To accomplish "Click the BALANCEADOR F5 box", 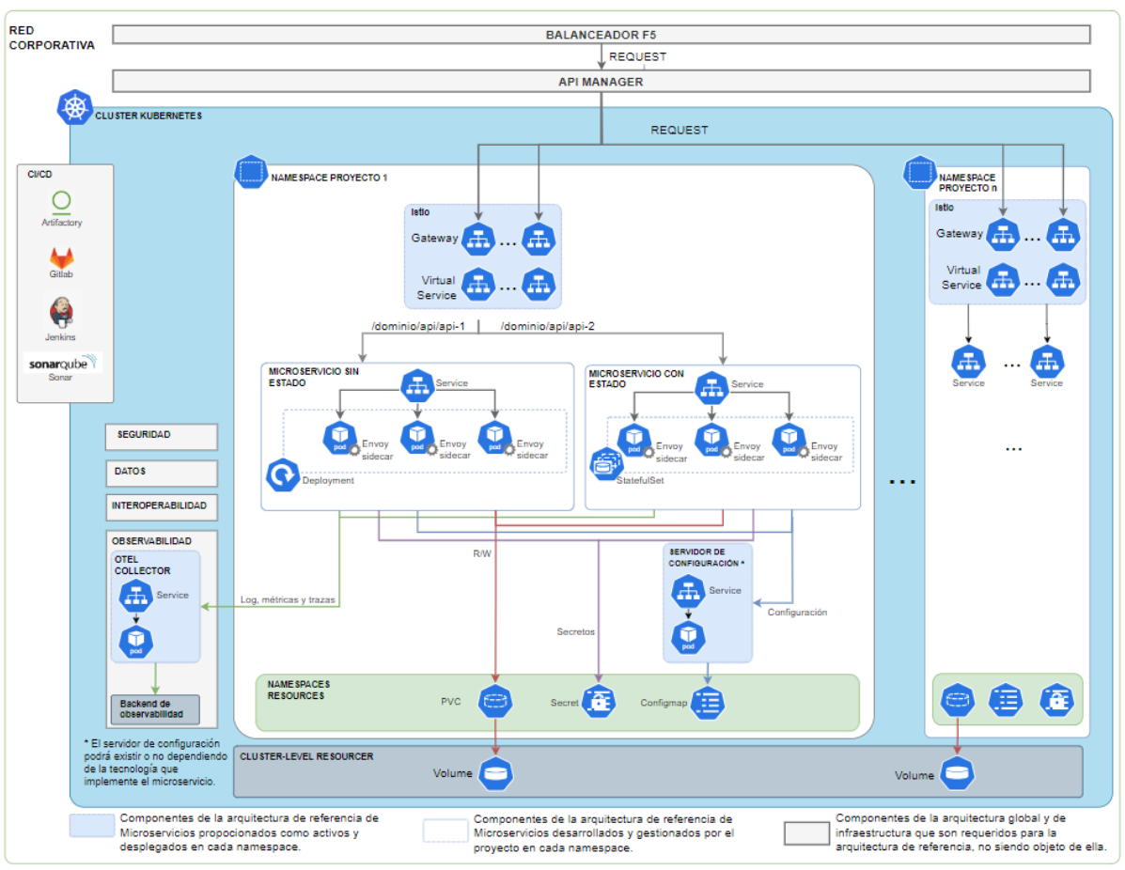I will pos(602,35).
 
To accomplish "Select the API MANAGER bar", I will pos(602,81).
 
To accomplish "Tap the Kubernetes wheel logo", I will pos(74,107).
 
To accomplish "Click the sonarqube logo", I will pos(62,362).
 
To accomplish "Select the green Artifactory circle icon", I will pos(62,200).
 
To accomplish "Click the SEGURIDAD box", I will pos(162,436).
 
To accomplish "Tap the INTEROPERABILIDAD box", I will pos(162,505).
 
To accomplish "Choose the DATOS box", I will pos(162,471).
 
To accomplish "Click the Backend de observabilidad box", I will pos(155,709).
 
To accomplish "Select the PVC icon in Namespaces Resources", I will pos(495,700).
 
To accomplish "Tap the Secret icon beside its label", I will pos(598,701).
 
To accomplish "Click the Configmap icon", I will pos(708,701).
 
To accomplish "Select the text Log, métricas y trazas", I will pos(288,599).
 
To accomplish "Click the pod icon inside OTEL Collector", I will pos(136,642).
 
